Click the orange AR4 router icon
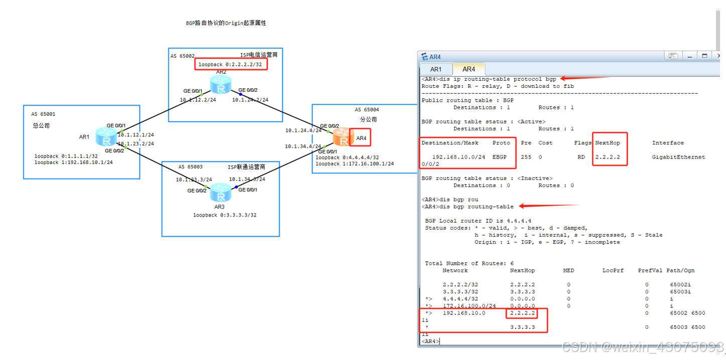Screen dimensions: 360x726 (x=341, y=136)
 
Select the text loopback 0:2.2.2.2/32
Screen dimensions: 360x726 (x=230, y=65)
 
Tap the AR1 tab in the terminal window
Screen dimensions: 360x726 (x=435, y=69)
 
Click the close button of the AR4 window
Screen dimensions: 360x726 (x=717, y=56)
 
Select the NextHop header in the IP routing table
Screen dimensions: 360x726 (x=607, y=143)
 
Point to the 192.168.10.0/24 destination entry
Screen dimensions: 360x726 (x=459, y=157)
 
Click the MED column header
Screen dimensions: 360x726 (x=568, y=271)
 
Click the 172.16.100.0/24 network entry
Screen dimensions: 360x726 (x=469, y=306)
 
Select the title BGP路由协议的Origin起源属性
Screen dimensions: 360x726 (x=225, y=24)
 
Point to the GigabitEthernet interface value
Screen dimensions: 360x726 (x=678, y=157)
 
